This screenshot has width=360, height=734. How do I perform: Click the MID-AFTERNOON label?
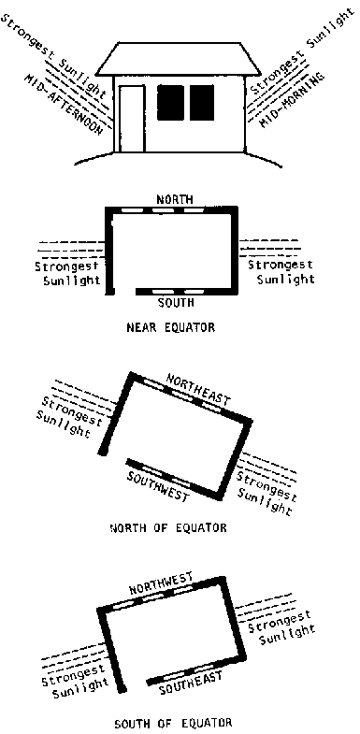(63, 104)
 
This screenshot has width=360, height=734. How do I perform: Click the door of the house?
(132, 119)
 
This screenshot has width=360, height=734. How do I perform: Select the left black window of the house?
(170, 103)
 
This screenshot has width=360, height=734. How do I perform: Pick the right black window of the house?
(202, 103)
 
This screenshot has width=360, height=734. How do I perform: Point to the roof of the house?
(179, 59)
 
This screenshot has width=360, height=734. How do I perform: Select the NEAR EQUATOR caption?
(171, 327)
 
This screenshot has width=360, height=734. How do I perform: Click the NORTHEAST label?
(198, 390)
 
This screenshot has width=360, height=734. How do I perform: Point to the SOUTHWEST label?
(158, 486)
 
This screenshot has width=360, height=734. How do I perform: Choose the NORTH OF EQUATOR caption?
(168, 528)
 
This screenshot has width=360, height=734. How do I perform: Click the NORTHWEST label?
(161, 583)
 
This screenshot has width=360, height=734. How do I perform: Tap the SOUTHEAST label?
(190, 683)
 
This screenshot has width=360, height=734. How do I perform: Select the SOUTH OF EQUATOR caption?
(173, 723)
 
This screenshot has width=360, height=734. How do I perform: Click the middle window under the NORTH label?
(163, 210)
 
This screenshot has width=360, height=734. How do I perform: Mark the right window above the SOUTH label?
(194, 292)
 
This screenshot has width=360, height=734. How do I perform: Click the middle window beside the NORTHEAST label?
(182, 395)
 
